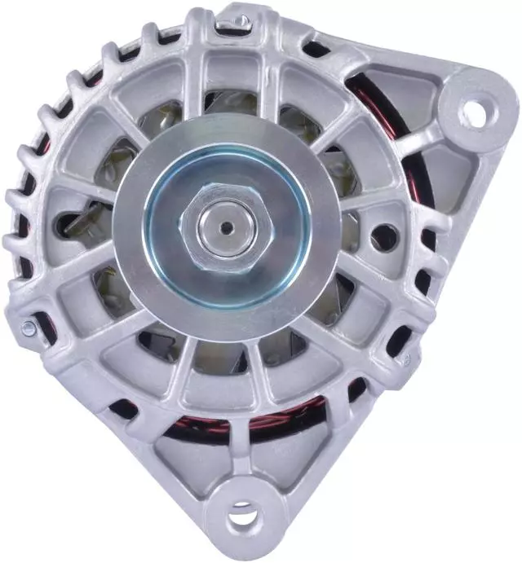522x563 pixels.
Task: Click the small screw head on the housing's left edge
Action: (29, 328)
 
